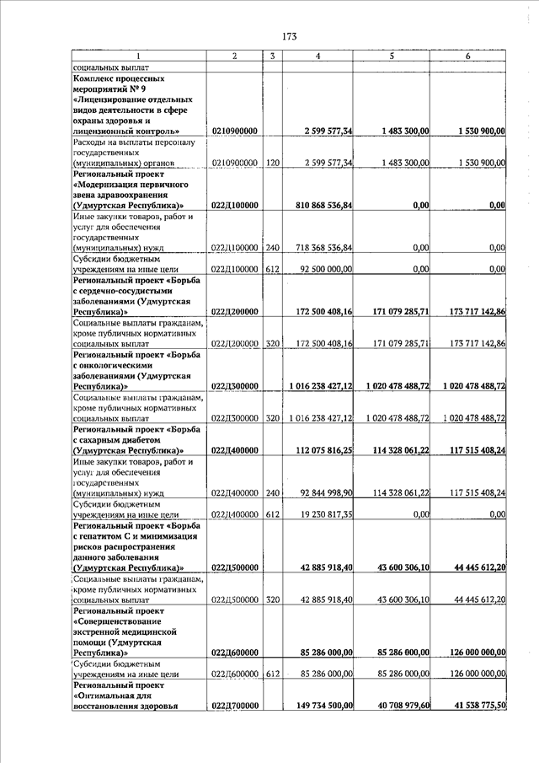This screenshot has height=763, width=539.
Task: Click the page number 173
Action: pyautogui.click(x=290, y=36)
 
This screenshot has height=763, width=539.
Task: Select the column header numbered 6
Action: pyautogui.click(x=467, y=56)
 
